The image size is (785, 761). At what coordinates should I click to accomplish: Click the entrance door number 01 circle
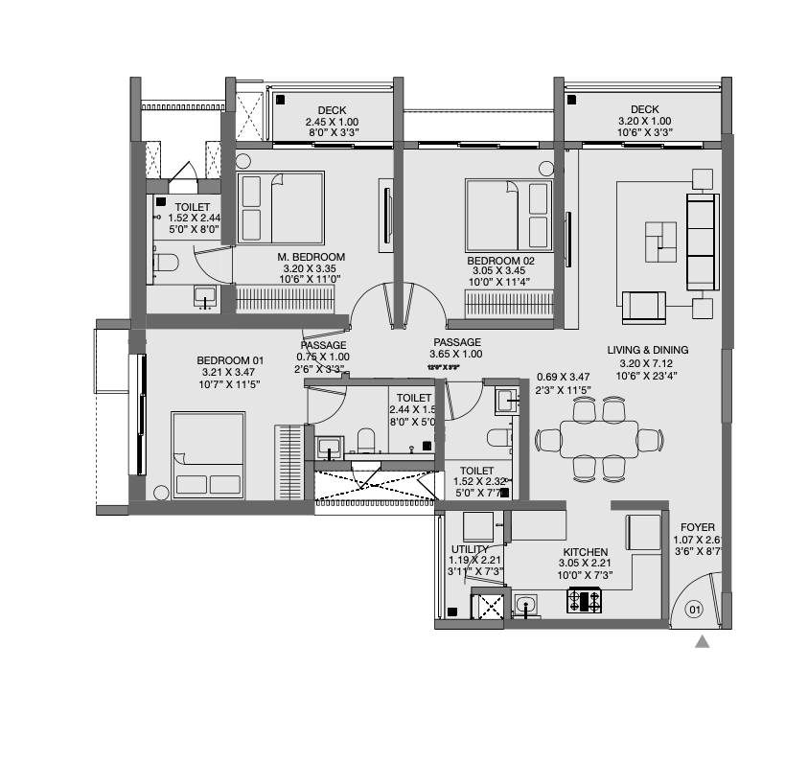(x=695, y=608)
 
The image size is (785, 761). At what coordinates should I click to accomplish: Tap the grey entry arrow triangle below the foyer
(x=702, y=642)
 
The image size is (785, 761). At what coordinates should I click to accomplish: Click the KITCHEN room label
(x=585, y=552)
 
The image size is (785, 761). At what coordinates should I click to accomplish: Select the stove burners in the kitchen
(x=585, y=602)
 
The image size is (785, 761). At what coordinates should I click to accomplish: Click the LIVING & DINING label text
(x=647, y=350)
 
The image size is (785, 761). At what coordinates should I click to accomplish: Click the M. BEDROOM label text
(x=312, y=257)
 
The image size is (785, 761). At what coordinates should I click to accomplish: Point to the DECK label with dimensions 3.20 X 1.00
(x=645, y=109)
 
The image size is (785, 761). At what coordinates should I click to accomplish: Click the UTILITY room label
(x=471, y=549)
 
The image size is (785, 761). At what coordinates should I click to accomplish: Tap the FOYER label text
(x=697, y=527)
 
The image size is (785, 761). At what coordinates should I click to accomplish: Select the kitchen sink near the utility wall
(x=525, y=604)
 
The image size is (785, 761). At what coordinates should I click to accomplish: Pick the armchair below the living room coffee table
(x=643, y=306)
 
